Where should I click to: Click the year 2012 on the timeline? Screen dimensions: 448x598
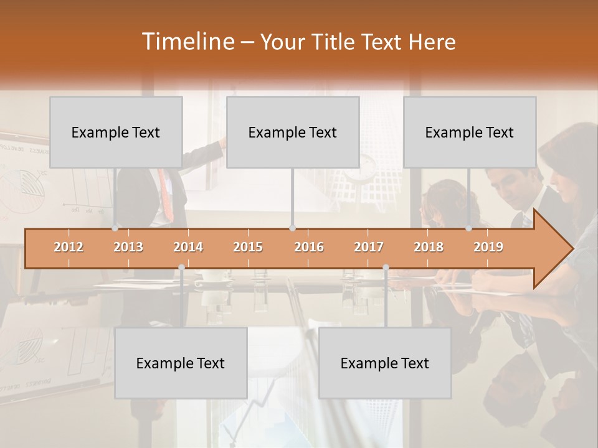(x=69, y=247)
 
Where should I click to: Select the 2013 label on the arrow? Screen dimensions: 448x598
(x=128, y=247)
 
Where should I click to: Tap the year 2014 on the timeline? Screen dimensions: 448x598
(x=188, y=247)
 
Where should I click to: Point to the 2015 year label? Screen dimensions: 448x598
(x=248, y=247)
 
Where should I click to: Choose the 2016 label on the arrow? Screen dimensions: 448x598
(x=309, y=247)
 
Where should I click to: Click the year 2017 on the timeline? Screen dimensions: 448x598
(x=369, y=247)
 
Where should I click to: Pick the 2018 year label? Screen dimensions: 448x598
(x=429, y=247)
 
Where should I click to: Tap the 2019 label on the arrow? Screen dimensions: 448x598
(x=488, y=247)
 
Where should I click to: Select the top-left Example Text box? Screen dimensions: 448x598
(x=116, y=132)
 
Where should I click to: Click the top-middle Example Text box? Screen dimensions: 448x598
(x=293, y=132)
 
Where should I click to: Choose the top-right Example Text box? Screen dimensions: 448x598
(x=470, y=132)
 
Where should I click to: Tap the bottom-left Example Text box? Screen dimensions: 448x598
(x=181, y=363)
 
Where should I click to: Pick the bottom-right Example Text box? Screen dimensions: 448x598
(x=385, y=363)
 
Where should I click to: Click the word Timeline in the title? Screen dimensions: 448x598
(x=187, y=42)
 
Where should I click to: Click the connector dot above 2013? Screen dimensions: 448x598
(x=115, y=228)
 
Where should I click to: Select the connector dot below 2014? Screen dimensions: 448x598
(x=181, y=267)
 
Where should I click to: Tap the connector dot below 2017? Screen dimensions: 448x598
(x=386, y=267)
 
